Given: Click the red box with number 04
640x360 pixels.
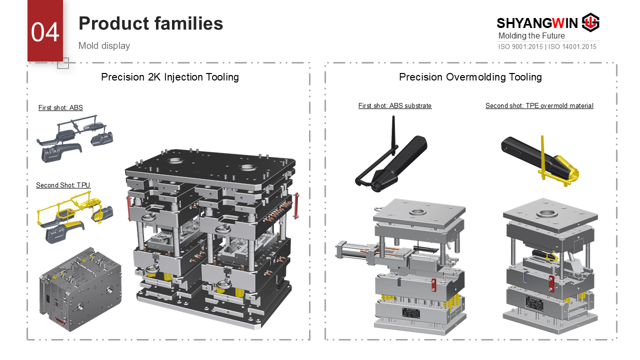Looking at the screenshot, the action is click(x=45, y=30).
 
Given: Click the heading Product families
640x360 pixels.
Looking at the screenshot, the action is click(x=150, y=23).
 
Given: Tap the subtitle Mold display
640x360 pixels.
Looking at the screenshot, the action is click(x=104, y=45).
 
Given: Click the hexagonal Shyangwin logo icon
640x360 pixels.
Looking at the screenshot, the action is click(x=591, y=22).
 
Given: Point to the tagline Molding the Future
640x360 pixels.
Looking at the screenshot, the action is click(x=531, y=35).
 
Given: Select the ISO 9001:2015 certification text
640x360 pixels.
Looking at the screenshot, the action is click(x=520, y=46).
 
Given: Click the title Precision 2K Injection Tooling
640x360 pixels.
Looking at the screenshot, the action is click(x=170, y=77).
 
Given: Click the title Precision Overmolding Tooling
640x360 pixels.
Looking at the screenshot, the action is click(x=470, y=77).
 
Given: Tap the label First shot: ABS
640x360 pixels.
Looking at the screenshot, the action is click(x=60, y=107).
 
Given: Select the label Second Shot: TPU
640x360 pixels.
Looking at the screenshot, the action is click(x=63, y=185).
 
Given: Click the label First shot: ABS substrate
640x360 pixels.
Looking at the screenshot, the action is click(x=395, y=105).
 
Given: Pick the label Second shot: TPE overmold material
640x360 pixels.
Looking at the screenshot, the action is click(x=539, y=105).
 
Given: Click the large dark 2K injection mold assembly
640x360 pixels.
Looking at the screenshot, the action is click(x=211, y=237).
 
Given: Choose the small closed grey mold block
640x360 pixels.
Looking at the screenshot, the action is click(x=80, y=289).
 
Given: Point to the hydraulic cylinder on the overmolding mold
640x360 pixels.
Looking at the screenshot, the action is click(x=353, y=251).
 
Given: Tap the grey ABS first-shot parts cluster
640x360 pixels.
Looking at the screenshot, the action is click(x=75, y=139).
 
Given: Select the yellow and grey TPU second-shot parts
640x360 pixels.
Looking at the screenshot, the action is click(x=75, y=217).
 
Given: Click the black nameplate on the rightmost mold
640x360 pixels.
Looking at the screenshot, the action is click(x=534, y=304).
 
